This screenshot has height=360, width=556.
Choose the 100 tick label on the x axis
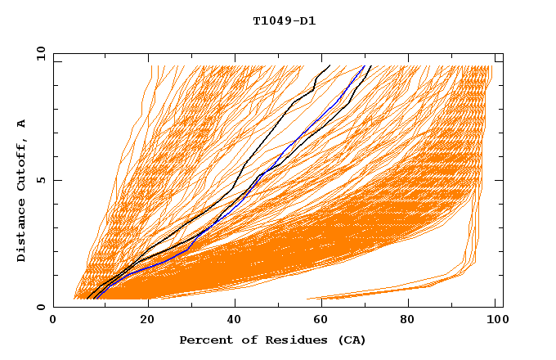tap(497, 322)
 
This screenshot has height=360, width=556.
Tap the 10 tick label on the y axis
tap(39, 53)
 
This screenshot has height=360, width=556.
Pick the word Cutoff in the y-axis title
tap(22, 167)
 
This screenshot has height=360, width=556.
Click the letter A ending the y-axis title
tap(22, 124)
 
